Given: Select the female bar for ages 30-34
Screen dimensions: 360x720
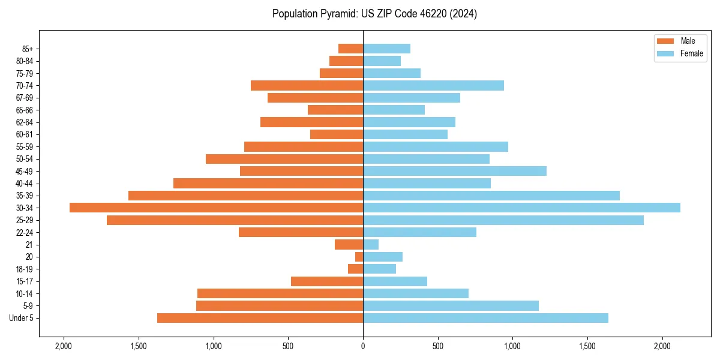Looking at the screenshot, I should coord(521,208).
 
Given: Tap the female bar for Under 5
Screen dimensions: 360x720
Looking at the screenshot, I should coord(485,318).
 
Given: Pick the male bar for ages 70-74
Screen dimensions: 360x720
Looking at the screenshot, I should coord(307,86).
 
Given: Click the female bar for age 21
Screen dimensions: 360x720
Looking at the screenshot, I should coord(371,244).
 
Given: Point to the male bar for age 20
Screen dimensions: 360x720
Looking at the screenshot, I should coord(359,257).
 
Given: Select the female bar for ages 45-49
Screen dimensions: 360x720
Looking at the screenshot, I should coord(455,171).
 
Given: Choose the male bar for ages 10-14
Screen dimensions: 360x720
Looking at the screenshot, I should coord(280,293).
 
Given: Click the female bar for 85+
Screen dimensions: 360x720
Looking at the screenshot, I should coord(386,49).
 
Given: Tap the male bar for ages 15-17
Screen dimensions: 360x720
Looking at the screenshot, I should coord(327,281).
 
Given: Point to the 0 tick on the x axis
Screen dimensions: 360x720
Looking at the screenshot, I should coord(363,347).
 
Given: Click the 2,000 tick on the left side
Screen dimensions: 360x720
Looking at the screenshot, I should coord(64,347).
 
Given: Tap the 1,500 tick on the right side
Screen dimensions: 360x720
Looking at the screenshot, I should coord(587,347).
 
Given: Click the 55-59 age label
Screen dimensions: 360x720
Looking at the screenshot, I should coord(25,147).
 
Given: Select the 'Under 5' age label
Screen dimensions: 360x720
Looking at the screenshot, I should coord(22,318).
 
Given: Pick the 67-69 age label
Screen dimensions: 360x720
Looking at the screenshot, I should coord(25,98).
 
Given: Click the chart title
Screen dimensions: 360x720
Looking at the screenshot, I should coord(374,14).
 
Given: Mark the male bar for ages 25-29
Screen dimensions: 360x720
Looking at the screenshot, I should coord(235,220).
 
